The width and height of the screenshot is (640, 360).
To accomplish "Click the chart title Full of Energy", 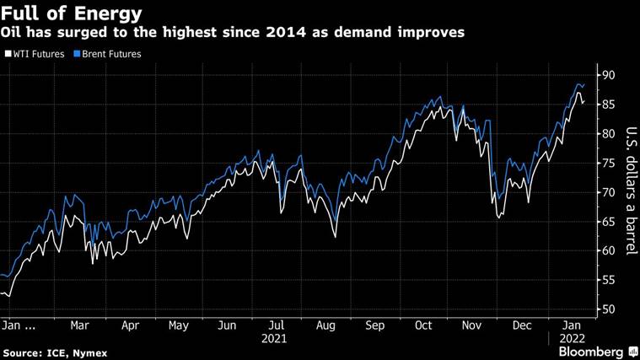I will point(72,13).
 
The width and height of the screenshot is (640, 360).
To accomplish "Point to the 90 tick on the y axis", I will point(607,75).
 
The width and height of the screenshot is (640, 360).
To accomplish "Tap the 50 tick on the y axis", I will point(607,309).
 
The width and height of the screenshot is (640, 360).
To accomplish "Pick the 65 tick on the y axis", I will point(607,222).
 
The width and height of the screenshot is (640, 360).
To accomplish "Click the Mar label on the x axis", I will point(79,325).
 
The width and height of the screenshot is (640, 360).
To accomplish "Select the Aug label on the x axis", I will point(325,325).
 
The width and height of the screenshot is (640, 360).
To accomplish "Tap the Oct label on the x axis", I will point(422,325).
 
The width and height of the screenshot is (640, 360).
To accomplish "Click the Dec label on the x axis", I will point(521,325).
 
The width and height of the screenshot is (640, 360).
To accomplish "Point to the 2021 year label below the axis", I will point(274,338).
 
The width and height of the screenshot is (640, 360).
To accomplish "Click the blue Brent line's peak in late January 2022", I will point(579,83).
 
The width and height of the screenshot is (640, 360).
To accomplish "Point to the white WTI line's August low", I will point(335,238).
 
